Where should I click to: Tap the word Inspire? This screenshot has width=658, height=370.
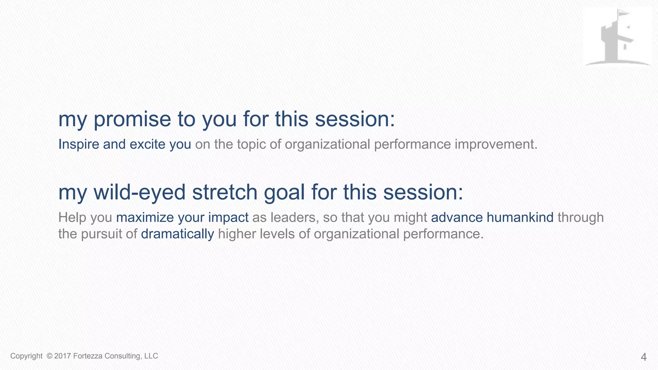coord(78,145)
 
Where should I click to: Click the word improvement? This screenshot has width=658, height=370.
coord(495,145)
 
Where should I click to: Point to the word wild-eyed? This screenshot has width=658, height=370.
coord(139,193)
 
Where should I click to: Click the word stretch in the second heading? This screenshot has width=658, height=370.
coord(225,193)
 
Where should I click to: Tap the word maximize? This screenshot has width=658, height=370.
coord(145,218)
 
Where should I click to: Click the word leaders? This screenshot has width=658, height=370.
coord(295,218)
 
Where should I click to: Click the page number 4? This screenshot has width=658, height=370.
coord(644,357)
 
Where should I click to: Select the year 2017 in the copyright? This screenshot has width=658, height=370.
coord(63,356)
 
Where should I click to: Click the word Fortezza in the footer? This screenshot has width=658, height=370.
coord(88,356)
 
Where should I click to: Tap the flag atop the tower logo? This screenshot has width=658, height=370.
coord(622,13)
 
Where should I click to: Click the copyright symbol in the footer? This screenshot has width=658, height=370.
coord(49,356)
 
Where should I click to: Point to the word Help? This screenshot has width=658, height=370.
coord(72,218)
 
